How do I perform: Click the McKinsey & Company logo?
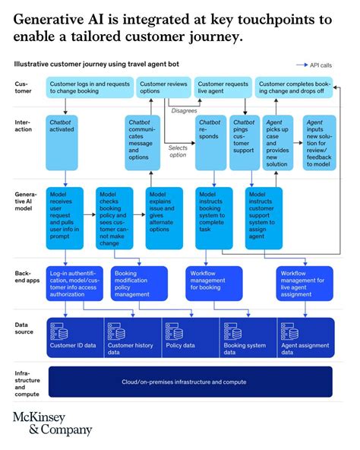point(52,423)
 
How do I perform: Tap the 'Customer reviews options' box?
point(163,87)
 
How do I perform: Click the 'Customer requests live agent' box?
point(222,87)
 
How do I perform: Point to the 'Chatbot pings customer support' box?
point(244,136)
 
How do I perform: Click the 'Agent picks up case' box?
point(277,140)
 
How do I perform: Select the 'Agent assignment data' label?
point(303,349)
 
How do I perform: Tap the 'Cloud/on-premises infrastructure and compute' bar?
point(190,382)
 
